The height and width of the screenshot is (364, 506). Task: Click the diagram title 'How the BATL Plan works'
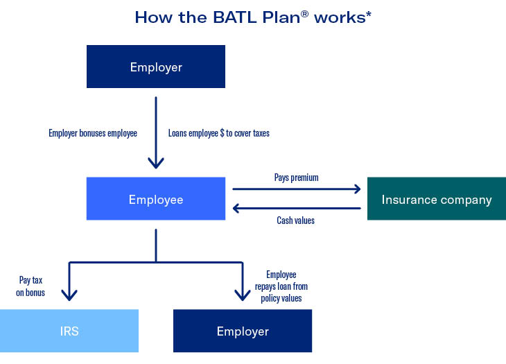252,17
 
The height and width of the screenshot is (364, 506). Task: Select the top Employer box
156,67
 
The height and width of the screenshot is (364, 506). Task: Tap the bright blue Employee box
156,199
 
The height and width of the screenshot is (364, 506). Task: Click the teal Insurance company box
436,199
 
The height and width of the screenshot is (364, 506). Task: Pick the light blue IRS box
69,331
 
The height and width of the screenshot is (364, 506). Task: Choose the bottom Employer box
242,331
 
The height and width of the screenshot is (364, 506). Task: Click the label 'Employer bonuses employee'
93,133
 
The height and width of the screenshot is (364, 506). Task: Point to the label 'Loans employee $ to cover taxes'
218,133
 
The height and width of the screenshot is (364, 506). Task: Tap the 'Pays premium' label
296,177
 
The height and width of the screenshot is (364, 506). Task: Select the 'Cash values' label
296,220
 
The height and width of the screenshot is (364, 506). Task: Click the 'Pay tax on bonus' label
32,286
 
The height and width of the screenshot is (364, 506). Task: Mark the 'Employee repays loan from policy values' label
285,286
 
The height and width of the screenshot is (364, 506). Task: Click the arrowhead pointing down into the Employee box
156,164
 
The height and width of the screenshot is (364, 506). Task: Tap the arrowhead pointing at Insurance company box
356,188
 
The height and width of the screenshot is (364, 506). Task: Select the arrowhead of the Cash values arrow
237,208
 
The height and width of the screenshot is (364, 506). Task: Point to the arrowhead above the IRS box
69,295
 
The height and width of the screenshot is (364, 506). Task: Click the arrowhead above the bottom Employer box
242,295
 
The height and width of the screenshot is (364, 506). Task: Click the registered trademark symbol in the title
304,13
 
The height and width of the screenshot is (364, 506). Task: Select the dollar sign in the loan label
221,133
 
